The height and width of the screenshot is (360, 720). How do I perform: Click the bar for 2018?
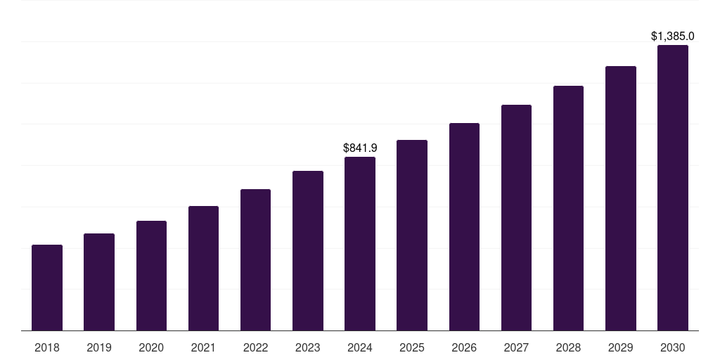tap(47, 288)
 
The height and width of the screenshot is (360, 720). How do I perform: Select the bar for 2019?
tap(99, 282)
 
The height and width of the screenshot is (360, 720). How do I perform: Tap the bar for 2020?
tap(151, 276)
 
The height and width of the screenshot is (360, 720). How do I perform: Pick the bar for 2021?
tap(203, 268)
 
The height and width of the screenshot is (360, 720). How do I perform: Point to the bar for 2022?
tap(255, 259)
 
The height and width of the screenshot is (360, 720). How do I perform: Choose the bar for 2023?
tap(308, 250)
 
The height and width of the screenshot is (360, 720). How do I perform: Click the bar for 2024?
tap(360, 243)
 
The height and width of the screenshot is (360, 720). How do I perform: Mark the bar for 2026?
tap(464, 226)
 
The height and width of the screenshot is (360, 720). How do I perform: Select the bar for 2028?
tap(568, 208)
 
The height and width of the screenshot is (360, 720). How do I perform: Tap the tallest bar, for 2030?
tap(672, 188)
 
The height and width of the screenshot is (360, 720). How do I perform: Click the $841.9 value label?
tap(360, 148)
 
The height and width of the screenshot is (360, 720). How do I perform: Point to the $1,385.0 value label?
tap(672, 36)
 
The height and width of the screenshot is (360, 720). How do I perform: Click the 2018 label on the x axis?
tap(47, 347)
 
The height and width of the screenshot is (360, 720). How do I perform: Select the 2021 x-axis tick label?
tap(203, 347)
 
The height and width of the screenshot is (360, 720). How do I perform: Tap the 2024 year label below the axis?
tap(360, 347)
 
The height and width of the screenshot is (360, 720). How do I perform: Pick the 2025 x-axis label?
tap(412, 347)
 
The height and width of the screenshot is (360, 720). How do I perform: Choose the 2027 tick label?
tap(516, 347)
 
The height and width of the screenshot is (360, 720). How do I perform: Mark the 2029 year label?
tap(620, 347)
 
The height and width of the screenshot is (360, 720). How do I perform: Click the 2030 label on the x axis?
tap(672, 347)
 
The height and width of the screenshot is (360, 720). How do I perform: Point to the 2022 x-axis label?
tap(255, 347)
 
